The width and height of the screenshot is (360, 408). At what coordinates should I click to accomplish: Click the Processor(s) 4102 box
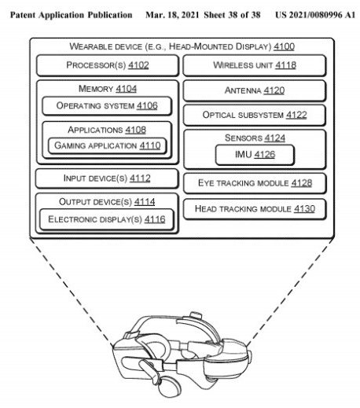pyautogui.click(x=108, y=65)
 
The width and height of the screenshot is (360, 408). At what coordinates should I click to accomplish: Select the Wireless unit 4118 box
pyautogui.click(x=255, y=65)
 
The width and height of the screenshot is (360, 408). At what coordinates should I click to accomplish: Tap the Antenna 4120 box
pyautogui.click(x=255, y=90)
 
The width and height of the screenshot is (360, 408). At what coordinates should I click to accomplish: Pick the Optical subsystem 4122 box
pyautogui.click(x=255, y=115)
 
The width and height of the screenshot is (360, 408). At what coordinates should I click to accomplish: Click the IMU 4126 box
pyautogui.click(x=255, y=155)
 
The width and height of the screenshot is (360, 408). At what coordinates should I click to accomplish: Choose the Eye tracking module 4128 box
pyautogui.click(x=255, y=183)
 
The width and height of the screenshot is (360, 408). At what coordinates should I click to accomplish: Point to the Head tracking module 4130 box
pyautogui.click(x=255, y=209)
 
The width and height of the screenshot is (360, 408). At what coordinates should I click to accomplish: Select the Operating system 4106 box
pyautogui.click(x=107, y=106)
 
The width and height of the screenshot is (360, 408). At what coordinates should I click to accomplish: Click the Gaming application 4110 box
pyautogui.click(x=107, y=145)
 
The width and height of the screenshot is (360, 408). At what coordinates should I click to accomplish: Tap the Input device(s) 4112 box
pyautogui.click(x=107, y=178)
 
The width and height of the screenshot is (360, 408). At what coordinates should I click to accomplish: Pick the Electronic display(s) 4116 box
pyautogui.click(x=107, y=219)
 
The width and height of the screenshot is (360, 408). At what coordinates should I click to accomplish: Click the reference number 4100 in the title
pyautogui.click(x=284, y=46)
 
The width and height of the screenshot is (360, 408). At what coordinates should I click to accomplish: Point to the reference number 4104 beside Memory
pyautogui.click(x=126, y=89)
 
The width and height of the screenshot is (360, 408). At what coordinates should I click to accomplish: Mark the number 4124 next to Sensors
pyautogui.click(x=274, y=138)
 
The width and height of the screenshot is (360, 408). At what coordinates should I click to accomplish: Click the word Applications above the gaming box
pyautogui.click(x=95, y=130)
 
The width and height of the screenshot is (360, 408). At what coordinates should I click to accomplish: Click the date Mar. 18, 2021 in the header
pyautogui.click(x=172, y=15)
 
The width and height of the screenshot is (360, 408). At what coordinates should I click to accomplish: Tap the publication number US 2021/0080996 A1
pyautogui.click(x=315, y=15)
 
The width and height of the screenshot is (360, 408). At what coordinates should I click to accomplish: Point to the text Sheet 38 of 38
pyautogui.click(x=232, y=15)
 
